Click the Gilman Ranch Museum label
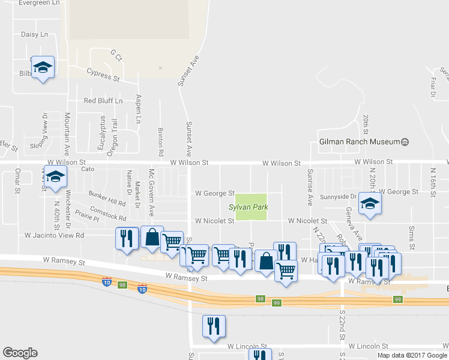359,142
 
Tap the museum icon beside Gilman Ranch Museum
405,142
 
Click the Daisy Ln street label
34,35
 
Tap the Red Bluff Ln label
103,101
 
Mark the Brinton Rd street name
161,138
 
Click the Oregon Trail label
113,137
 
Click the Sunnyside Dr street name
338,196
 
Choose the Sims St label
412,238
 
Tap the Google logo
20,353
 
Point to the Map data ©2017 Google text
412,355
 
